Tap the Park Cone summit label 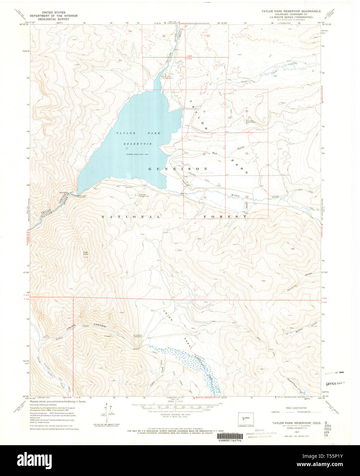coord(86,254)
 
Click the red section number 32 coord(164,36)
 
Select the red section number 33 coord(208,36)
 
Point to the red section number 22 coord(247,197)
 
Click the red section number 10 coord(246,111)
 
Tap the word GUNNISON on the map coord(178,169)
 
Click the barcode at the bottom coord(227,437)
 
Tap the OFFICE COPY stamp coord(335,384)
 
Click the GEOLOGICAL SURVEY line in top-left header coord(54,20)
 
